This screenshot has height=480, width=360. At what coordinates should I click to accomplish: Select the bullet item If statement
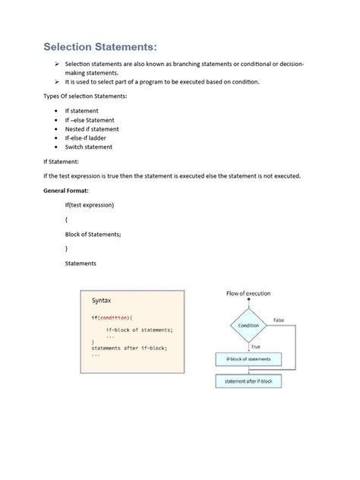[81, 111]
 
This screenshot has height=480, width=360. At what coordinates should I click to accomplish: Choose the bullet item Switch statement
[88, 147]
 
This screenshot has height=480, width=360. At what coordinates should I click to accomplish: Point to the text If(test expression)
[90, 206]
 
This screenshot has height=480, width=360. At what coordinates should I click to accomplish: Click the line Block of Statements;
[93, 235]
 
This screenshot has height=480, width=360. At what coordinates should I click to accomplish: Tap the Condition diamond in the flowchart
[248, 325]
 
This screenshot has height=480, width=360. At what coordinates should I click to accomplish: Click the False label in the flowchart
[279, 321]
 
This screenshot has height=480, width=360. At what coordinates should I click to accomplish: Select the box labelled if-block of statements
[248, 358]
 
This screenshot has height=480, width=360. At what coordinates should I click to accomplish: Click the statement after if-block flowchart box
[248, 381]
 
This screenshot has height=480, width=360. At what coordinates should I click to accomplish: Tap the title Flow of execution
[248, 293]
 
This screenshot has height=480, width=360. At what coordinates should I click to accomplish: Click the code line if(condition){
[112, 317]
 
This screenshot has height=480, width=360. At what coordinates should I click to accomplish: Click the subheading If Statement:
[66, 162]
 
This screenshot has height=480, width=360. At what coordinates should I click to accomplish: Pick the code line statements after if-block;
[128, 348]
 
